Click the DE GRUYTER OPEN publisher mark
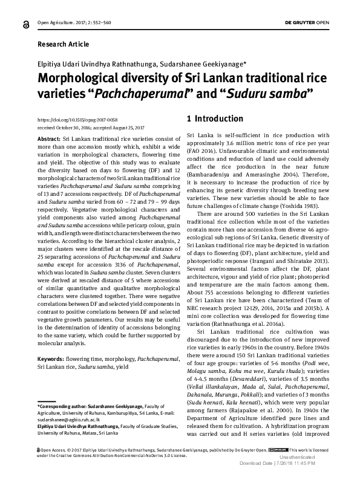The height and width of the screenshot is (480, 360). coord(307,22)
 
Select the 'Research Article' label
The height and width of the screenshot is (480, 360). coord(61,45)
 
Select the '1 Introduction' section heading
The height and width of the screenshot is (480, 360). coord(215,118)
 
